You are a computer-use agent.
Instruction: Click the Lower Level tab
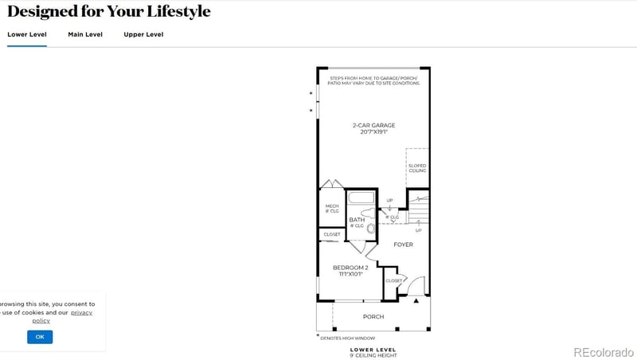tap(27, 34)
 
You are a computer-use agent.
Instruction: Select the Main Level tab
tap(85, 34)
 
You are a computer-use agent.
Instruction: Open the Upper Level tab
tap(143, 34)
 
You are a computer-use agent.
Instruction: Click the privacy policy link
tap(80, 312)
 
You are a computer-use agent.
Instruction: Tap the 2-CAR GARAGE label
tap(373, 125)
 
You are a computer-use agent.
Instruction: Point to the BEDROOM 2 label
tap(350, 267)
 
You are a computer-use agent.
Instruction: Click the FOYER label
tap(404, 245)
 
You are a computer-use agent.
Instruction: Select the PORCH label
tap(373, 317)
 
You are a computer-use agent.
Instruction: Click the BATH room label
tap(357, 220)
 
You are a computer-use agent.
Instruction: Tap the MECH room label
tap(332, 206)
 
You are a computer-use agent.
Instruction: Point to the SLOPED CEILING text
tap(417, 168)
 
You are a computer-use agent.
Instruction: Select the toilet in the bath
tap(371, 227)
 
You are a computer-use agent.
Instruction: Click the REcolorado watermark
tap(603, 352)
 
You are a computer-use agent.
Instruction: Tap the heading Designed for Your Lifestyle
tap(109, 11)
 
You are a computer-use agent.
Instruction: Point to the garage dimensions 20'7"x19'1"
tap(373, 132)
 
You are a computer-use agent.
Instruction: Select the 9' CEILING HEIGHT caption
tap(373, 354)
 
